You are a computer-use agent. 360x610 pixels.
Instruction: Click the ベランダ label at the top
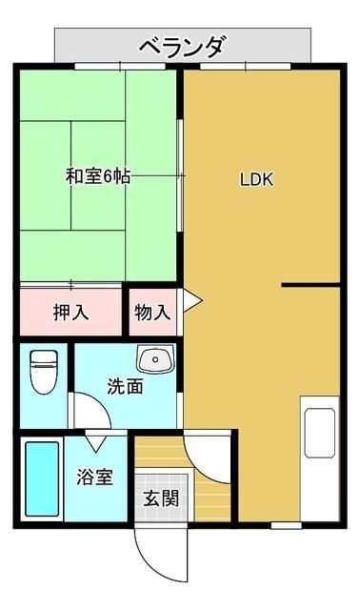pos(182,45)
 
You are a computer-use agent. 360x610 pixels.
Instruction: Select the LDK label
pos(256,178)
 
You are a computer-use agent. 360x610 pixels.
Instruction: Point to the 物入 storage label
pos(152,312)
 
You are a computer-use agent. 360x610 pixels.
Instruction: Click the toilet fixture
pos(43,372)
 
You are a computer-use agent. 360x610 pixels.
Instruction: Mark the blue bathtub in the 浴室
pos(40,478)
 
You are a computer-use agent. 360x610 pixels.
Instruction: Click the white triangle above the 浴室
pos(96,441)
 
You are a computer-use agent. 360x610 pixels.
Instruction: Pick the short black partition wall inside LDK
pos(310,285)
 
